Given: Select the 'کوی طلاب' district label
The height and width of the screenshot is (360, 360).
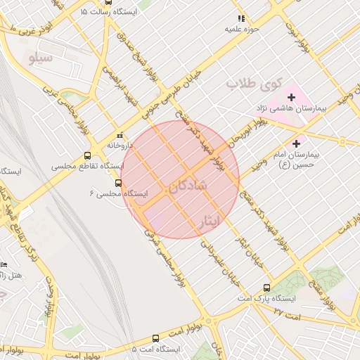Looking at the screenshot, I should click(253, 84).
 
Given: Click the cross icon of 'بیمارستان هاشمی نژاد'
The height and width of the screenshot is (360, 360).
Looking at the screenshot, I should click(291, 96).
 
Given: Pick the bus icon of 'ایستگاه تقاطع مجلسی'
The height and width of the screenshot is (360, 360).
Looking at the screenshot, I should click(87, 156).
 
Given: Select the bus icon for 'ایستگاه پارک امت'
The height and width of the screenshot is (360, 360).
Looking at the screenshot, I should click(266, 287).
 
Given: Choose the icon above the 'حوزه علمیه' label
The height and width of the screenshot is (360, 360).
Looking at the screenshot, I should click(240, 18).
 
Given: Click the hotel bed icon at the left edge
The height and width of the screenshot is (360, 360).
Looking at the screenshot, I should click(4, 264).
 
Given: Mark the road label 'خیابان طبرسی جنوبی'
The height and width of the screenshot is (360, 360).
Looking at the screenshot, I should click(174, 90).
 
